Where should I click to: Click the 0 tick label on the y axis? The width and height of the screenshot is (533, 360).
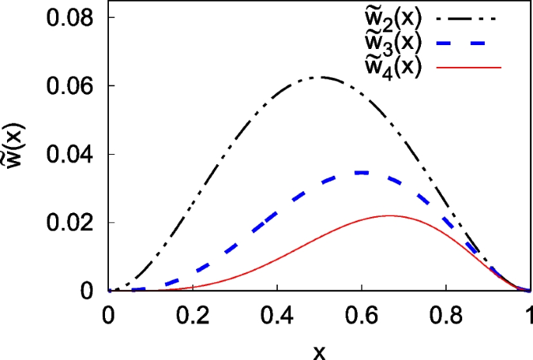tap(87, 291)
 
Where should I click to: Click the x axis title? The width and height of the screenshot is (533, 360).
tap(319, 349)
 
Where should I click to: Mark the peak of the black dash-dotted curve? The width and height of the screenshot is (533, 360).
tap(319, 77)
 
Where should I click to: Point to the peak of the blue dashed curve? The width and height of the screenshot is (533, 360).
tap(361, 173)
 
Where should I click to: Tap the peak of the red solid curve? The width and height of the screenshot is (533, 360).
tap(389, 215)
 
